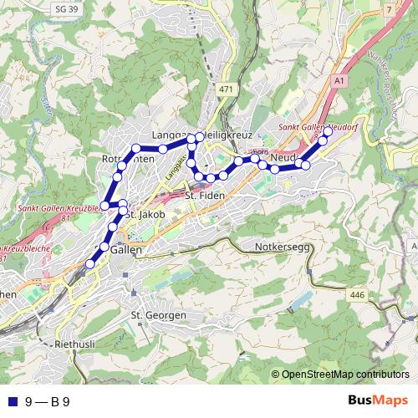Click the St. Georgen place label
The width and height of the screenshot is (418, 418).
coord(157,314)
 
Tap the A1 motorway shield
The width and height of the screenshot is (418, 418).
coord(338,80)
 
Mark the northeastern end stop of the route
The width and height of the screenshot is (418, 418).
coord(328,131)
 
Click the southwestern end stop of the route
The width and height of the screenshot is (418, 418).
coord(89,264)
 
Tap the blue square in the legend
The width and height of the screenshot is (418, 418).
coord(10,401)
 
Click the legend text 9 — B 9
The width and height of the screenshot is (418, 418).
coord(47,401)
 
